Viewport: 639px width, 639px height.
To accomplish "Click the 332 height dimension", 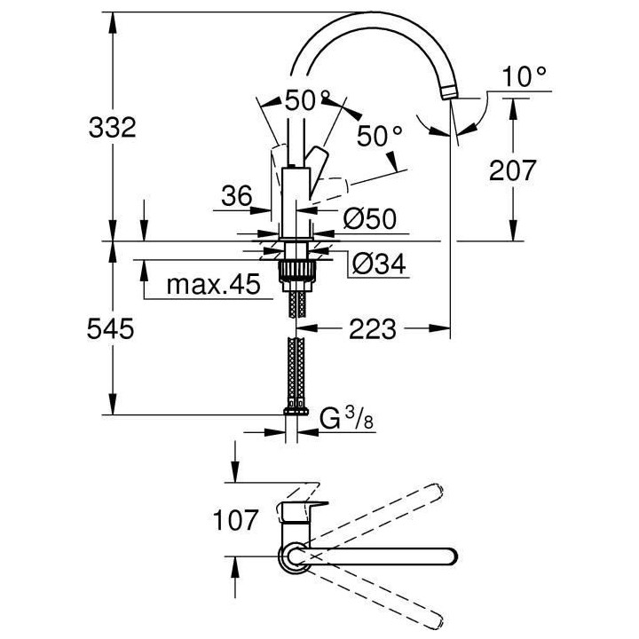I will click(112, 128).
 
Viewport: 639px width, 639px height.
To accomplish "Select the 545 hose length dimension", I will click(112, 329).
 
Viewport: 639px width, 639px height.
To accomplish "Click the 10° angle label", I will click(524, 77).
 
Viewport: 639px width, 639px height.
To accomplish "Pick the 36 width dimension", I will click(236, 195).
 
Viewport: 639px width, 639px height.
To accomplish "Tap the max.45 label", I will click(213, 285).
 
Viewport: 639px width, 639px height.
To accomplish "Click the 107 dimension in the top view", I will click(234, 519).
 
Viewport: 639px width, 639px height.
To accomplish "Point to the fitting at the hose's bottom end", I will click(295, 410).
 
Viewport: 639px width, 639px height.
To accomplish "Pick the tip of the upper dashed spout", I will click(436, 490).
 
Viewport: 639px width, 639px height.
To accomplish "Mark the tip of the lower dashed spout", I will click(436, 622).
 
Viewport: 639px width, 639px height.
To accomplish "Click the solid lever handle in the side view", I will click(316, 166).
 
